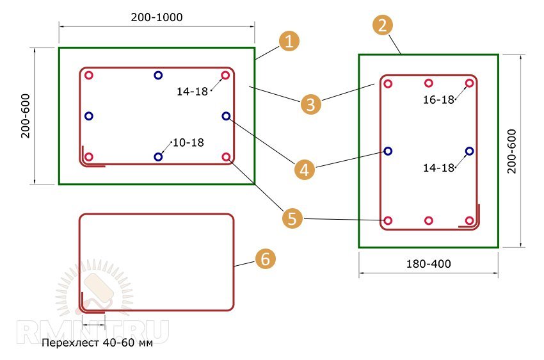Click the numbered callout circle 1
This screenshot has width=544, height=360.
click(289, 42)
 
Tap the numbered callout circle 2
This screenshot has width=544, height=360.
click(383, 26)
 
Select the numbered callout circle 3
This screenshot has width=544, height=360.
click(310, 104)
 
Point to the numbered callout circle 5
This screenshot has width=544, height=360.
click(292, 218)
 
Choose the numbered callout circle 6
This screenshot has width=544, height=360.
click(266, 259)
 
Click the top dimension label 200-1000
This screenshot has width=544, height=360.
click(156, 17)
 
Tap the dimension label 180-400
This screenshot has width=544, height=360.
click(429, 263)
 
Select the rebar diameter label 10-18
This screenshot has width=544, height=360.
click(189, 142)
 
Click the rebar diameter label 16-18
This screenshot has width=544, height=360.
click(438, 99)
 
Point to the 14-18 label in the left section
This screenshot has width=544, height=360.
click(193, 91)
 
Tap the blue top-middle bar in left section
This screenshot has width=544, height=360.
click(158, 76)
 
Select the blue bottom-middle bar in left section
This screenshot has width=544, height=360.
click(158, 156)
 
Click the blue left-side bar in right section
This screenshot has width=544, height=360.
click(388, 151)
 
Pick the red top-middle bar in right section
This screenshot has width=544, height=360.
click(429, 83)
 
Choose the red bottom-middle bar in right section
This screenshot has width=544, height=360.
click(429, 221)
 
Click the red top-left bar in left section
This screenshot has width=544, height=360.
click(89, 76)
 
